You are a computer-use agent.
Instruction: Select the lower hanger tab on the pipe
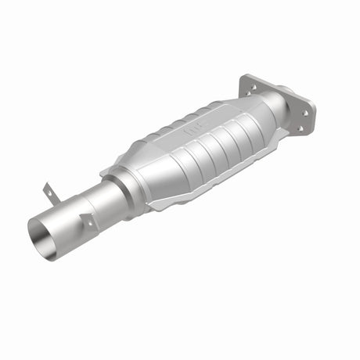tap(88, 221)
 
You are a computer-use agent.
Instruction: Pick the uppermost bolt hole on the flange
tap(250, 81)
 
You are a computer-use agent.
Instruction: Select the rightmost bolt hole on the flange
tap(304, 112)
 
